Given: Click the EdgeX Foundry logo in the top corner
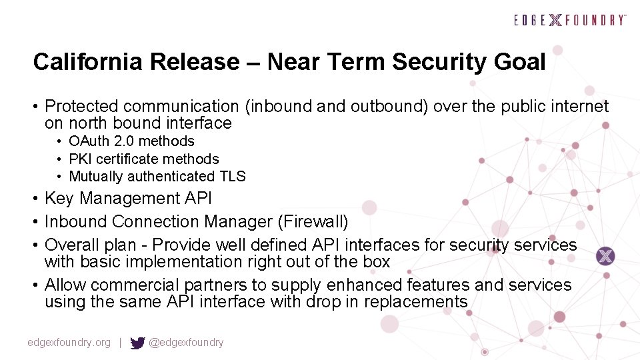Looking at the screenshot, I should point(570,20).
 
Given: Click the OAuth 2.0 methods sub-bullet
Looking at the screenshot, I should point(131,141).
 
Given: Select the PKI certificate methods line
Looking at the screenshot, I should point(143,159).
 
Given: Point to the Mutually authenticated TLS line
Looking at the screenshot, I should point(157,177).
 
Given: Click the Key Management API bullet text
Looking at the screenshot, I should point(128,199).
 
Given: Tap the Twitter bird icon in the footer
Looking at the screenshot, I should point(137,343).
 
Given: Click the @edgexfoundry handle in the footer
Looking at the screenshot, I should point(186,343).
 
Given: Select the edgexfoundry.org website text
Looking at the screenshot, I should point(69,343).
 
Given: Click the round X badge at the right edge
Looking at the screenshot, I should point(605,255).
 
